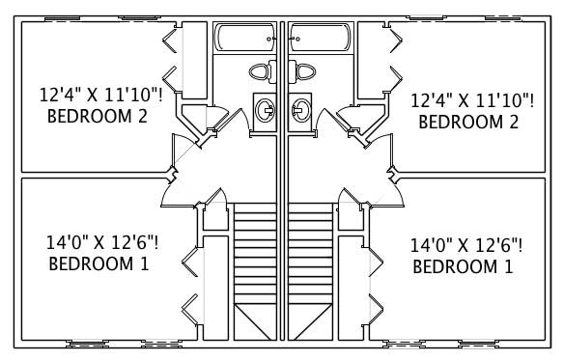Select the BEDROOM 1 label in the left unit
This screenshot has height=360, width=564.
pyautogui.click(x=98, y=263)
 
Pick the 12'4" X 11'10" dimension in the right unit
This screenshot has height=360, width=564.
pyautogui.click(x=471, y=100)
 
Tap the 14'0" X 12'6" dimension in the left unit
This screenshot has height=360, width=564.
pyautogui.click(x=101, y=241)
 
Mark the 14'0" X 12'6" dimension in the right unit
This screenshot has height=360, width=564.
pyautogui.click(x=466, y=245)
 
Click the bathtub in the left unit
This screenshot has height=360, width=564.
pyautogui.click(x=245, y=40)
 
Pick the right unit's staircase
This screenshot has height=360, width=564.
pyautogui.click(x=309, y=261)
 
